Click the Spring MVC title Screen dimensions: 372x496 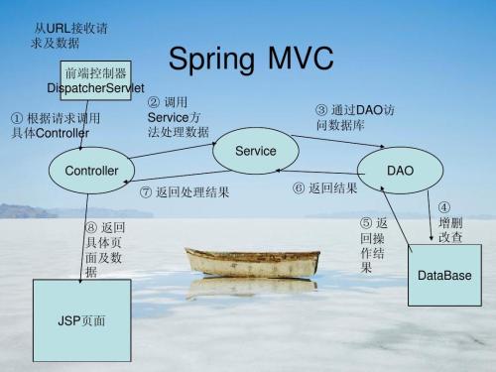[250, 60]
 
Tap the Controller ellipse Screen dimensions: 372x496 [91, 171]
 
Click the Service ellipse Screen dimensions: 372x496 [255, 149]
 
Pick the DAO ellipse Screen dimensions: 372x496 [400, 171]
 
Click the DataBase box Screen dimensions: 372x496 [444, 274]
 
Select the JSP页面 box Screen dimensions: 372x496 [82, 321]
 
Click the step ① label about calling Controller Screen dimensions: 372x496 [56, 126]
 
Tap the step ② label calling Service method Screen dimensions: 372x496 [179, 117]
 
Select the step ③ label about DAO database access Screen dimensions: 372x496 [355, 118]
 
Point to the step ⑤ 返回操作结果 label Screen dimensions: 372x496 [373, 246]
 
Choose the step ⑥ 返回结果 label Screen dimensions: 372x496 [325, 188]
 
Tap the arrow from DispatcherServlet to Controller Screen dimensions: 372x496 [84, 125]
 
